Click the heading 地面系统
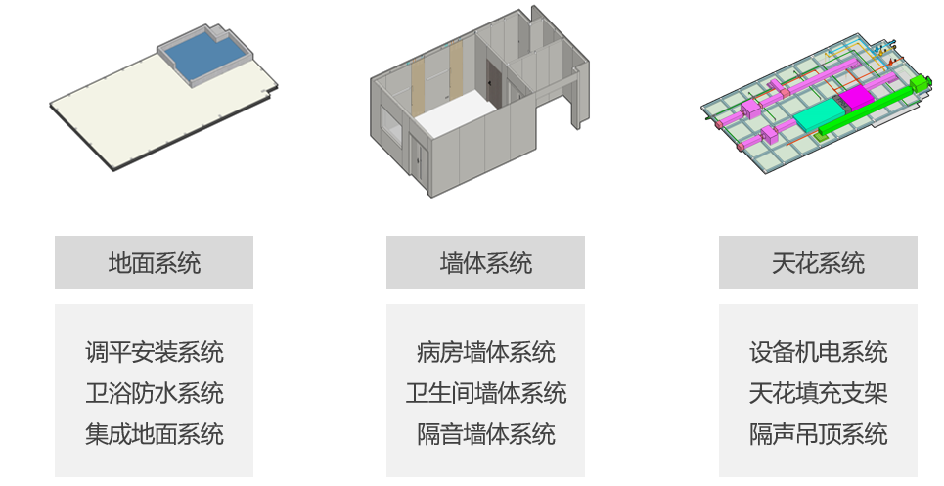click(155, 263)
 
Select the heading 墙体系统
click(486, 263)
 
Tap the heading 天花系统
click(818, 263)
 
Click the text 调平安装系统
click(155, 352)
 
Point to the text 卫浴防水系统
click(155, 393)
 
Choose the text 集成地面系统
click(155, 434)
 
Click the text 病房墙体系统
click(486, 352)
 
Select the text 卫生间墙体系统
click(486, 393)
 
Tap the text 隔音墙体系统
click(486, 434)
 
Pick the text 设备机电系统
click(818, 352)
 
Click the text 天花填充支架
click(818, 393)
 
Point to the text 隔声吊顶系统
click(818, 434)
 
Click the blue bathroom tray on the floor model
click(204, 56)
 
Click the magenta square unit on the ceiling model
click(856, 98)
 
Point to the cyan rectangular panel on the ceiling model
click(820, 114)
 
